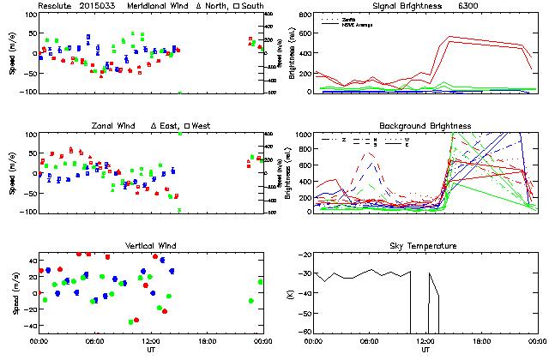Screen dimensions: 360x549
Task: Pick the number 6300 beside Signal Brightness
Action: [x=468, y=5]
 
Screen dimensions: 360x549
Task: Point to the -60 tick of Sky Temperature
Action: [x=305, y=313]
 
